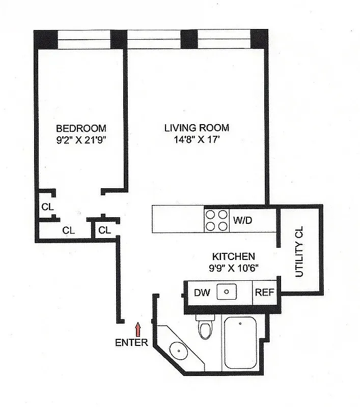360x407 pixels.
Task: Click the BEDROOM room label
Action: (x=81, y=128)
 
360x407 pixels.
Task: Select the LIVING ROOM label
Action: (x=197, y=128)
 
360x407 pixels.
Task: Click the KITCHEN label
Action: (x=234, y=257)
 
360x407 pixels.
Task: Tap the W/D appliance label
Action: (x=243, y=220)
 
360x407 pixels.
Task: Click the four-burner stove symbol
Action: (x=216, y=220)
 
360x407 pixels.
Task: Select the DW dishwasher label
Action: (x=200, y=293)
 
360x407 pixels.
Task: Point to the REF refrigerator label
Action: (x=265, y=293)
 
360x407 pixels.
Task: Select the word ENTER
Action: (x=131, y=342)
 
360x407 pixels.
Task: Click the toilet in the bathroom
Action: (x=205, y=328)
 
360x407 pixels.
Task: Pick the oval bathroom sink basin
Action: (x=178, y=351)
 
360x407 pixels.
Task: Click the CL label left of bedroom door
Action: (x=47, y=207)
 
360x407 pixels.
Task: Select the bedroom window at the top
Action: (x=84, y=38)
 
